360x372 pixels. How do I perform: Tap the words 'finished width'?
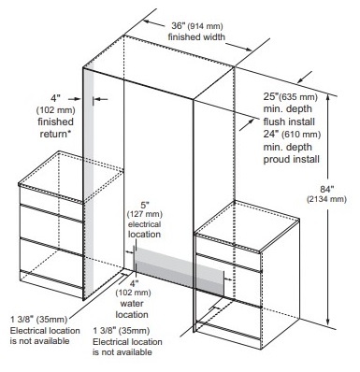tap(196, 36)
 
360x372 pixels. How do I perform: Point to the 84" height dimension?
tap(327, 189)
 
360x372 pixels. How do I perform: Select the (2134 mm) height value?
tap(326, 199)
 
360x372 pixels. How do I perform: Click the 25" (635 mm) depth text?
tap(291, 96)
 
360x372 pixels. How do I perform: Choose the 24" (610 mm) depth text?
tap(292, 135)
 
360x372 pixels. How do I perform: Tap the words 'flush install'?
tap(289, 122)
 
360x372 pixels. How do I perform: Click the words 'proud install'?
tap(292, 159)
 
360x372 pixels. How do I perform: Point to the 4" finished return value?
tap(55, 98)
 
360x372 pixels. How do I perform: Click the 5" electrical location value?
tap(145, 206)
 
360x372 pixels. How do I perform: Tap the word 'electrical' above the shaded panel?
tap(145, 224)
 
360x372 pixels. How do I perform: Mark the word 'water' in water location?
tap(132, 304)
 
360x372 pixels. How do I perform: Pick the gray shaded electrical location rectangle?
tap(179, 270)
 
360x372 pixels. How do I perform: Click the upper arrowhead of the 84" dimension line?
tap(327, 97)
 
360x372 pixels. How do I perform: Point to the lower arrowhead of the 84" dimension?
tap(327, 322)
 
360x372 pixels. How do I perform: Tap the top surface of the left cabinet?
tap(71, 177)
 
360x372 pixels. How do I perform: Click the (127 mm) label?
tap(145, 214)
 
